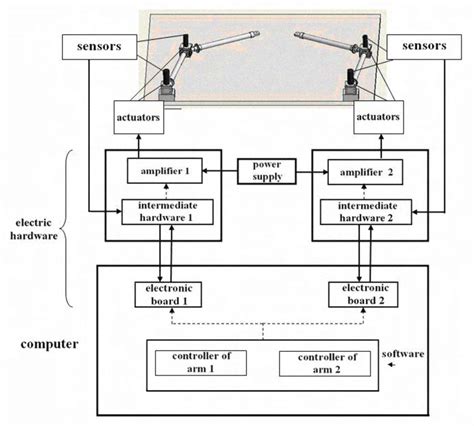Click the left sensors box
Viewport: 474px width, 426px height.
tap(93, 46)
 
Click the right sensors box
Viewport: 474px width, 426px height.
tap(418, 46)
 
